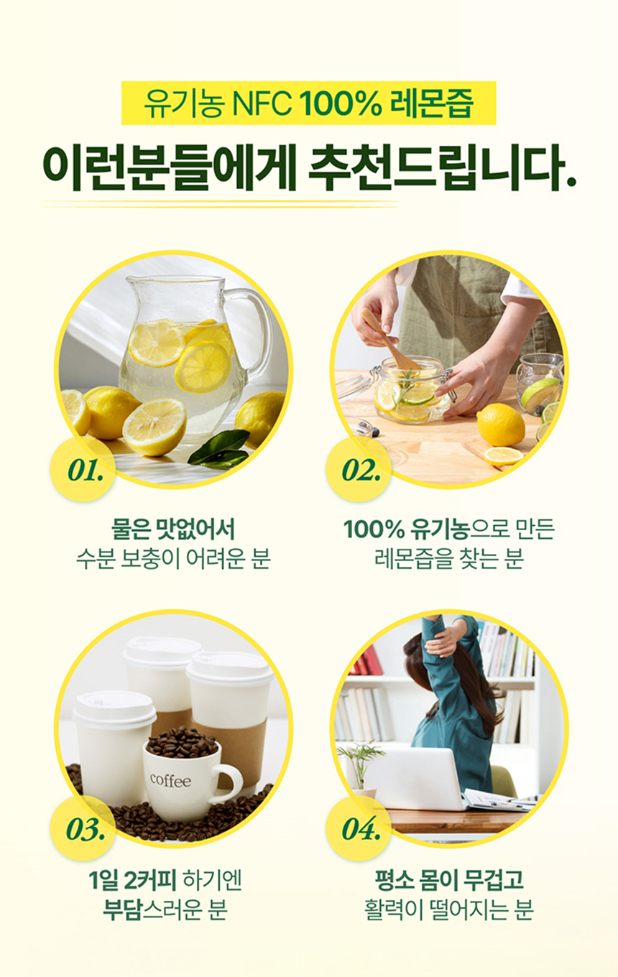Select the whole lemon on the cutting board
pyautogui.click(x=501, y=424)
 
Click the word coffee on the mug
pyautogui.click(x=171, y=780)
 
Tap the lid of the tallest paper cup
pyautogui.click(x=162, y=651)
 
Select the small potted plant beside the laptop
pyautogui.click(x=361, y=765)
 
